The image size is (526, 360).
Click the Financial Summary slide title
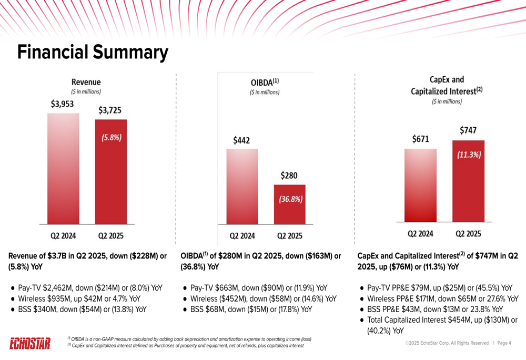click(93, 53)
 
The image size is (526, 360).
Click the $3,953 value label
click(62, 105)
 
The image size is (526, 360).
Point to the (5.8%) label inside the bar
click(111, 138)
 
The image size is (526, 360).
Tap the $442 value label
click(241, 140)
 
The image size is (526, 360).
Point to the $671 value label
click(420, 139)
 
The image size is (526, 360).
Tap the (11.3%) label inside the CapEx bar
click(468, 156)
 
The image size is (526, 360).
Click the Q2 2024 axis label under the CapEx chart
click(421, 233)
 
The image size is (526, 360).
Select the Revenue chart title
click(86, 82)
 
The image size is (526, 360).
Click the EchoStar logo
click(31, 344)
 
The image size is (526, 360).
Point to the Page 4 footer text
click(504, 343)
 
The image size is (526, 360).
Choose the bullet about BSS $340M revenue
click(82, 309)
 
